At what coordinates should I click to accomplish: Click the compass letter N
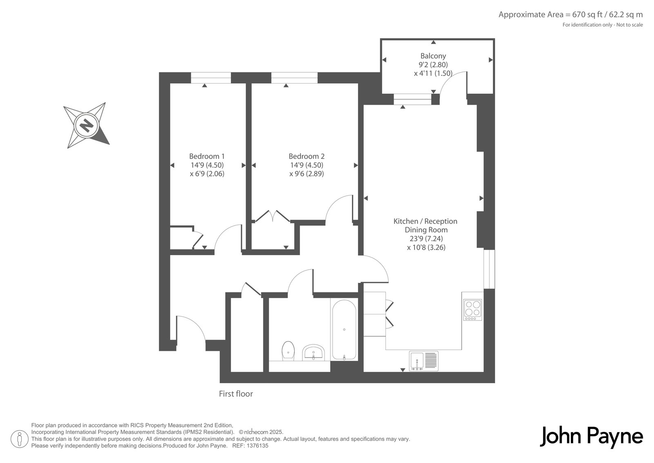(86, 126)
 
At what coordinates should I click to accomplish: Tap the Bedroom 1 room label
(207, 156)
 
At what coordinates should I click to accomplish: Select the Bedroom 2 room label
(307, 156)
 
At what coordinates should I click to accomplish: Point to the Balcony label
(433, 56)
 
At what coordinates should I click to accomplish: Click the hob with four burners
(473, 310)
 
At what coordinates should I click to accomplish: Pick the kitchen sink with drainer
(423, 361)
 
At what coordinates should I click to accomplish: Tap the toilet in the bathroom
(288, 351)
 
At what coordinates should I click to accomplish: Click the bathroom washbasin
(313, 352)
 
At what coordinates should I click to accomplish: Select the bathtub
(344, 329)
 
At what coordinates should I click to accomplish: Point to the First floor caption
(236, 394)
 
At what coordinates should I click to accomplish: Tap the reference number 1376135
(258, 446)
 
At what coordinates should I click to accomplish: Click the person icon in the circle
(20, 439)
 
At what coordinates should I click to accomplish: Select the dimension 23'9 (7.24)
(426, 239)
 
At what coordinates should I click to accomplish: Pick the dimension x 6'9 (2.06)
(207, 174)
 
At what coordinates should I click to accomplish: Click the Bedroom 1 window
(211, 78)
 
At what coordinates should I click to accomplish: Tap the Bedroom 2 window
(294, 78)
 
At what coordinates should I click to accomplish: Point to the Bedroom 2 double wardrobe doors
(273, 216)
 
